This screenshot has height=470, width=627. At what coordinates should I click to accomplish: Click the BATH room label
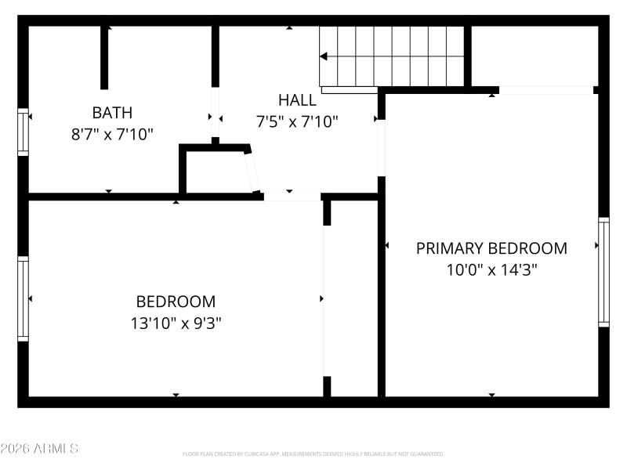coord(112,112)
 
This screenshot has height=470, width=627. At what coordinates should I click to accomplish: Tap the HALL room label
coord(297,100)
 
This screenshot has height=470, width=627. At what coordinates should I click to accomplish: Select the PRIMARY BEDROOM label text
coord(491,248)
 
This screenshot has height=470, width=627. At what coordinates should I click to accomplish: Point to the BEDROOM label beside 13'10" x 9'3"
coord(176,302)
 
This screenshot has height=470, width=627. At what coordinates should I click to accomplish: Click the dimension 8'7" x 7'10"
coord(112,134)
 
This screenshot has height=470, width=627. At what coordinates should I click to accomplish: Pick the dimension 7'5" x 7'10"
coord(297,122)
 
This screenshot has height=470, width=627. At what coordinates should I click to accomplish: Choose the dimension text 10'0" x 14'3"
coord(491,270)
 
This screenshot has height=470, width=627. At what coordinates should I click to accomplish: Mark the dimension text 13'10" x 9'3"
coord(176,323)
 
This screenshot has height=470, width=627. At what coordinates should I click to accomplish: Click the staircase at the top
coord(392,56)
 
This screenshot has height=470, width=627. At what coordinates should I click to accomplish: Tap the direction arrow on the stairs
coord(324,56)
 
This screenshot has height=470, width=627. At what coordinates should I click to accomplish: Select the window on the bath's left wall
coord(24,132)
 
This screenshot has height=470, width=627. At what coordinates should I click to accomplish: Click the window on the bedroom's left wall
coord(24,299)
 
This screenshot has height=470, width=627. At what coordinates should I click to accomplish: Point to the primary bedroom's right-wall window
coord(603,272)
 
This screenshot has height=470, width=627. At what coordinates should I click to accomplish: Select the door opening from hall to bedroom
coord(292,197)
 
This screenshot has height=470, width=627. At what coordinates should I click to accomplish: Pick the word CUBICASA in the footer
coord(277,454)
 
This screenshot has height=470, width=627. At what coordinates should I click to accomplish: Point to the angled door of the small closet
coord(252,171)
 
